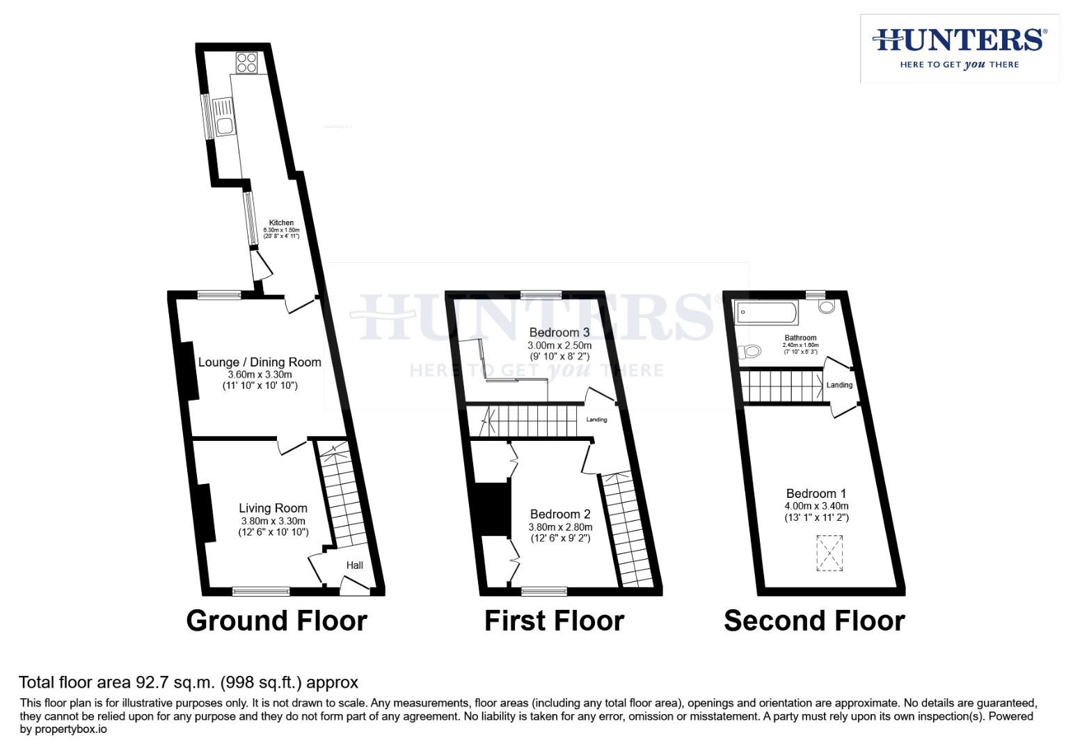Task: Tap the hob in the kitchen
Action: click(x=246, y=63)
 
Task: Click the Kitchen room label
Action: click(x=281, y=223)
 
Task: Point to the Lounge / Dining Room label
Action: click(x=260, y=362)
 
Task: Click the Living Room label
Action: click(x=273, y=508)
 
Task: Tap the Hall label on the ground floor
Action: click(x=355, y=565)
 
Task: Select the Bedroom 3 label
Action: click(x=559, y=332)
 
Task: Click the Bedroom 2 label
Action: click(x=560, y=515)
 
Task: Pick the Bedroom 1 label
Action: click(x=816, y=494)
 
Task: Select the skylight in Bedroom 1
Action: click(x=829, y=553)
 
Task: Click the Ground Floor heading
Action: click(x=276, y=621)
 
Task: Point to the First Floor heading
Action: click(x=554, y=621)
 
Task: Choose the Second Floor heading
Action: click(x=814, y=621)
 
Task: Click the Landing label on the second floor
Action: click(x=839, y=385)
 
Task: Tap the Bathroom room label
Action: click(x=800, y=338)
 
